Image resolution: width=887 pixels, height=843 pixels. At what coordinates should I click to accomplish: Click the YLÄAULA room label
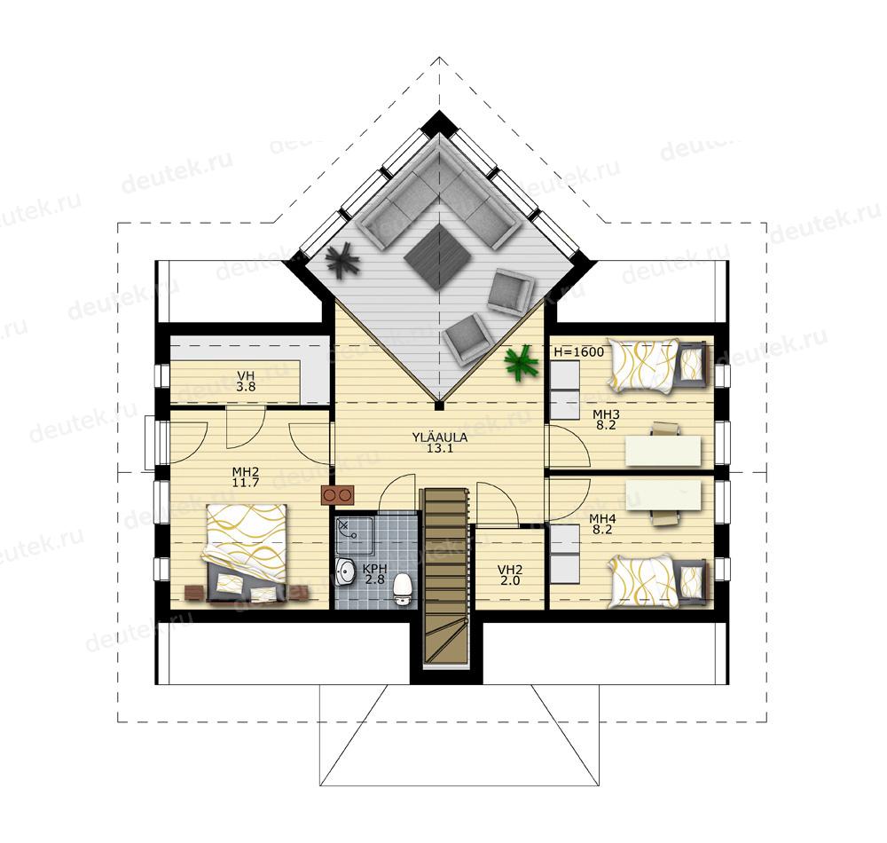tap(432, 443)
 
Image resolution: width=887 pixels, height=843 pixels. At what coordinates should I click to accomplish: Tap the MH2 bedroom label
tap(246, 477)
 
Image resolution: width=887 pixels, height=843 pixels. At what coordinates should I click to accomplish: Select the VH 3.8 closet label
tap(246, 382)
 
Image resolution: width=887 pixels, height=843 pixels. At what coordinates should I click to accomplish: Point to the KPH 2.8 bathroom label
tap(375, 574)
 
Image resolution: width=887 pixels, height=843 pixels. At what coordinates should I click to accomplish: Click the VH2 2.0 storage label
tap(510, 575)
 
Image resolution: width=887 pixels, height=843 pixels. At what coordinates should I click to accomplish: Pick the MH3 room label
tap(606, 420)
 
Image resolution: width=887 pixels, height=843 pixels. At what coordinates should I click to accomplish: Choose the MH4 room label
tap(602, 524)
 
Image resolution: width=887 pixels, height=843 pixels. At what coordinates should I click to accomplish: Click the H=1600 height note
tap(578, 351)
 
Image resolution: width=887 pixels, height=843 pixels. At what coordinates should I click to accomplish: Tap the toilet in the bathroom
tap(402, 589)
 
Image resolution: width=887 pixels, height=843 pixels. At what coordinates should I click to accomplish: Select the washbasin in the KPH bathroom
tap(344, 572)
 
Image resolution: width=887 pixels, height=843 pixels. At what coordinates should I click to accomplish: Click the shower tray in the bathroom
tap(354, 535)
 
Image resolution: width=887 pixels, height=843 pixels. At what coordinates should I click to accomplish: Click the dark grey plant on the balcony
tap(342, 260)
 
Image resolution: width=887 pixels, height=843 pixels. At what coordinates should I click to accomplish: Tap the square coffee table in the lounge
tap(438, 256)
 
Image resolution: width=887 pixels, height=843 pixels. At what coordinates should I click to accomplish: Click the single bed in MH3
tap(658, 365)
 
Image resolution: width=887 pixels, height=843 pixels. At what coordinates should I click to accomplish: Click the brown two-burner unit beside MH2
tap(338, 495)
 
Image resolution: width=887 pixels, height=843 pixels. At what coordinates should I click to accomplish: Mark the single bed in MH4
tap(658, 582)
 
